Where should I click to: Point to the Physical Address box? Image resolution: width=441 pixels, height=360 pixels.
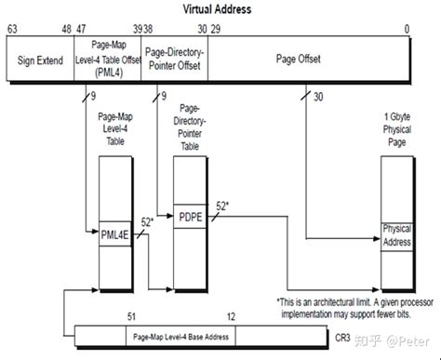pyautogui.click(x=396, y=235)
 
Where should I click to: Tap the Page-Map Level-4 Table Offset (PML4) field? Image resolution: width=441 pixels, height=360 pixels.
pyautogui.click(x=108, y=59)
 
